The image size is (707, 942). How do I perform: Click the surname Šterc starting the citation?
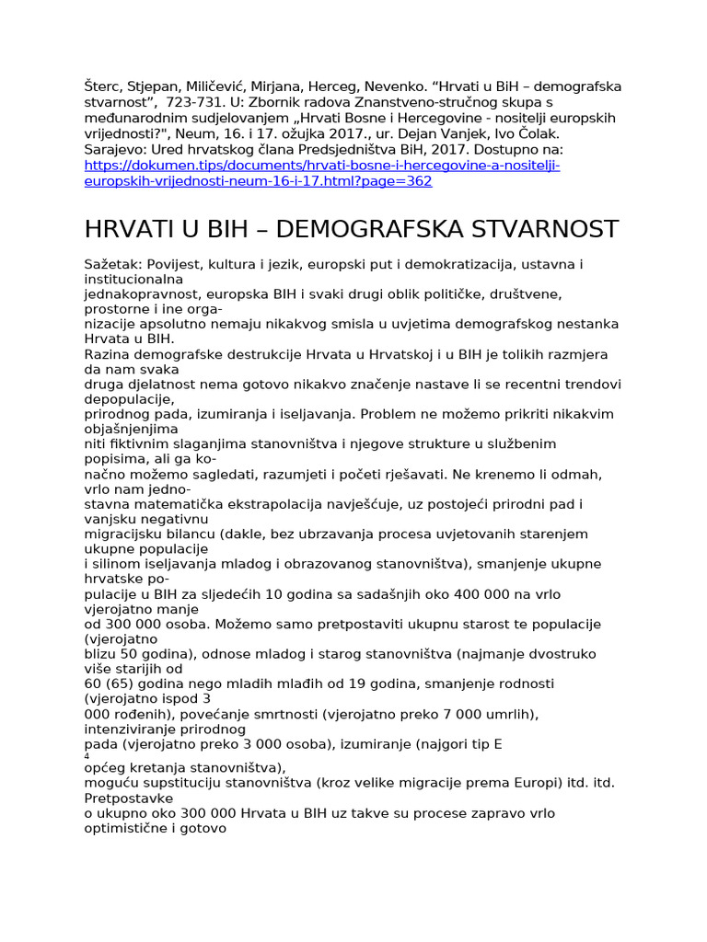click(x=103, y=86)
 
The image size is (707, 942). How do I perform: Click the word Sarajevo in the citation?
click(x=114, y=149)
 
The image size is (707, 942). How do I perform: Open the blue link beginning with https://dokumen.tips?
click(x=321, y=166)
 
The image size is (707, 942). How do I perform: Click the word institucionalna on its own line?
click(x=133, y=279)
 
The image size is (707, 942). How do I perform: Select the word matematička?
click(x=178, y=503)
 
